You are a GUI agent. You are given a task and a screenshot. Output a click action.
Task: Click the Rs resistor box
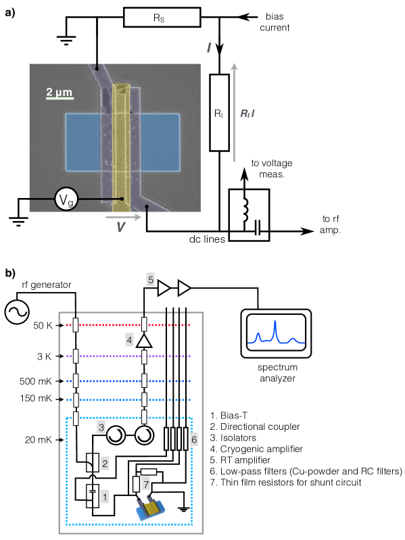(x=162, y=17)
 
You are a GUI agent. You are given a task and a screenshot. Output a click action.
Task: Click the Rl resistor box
(x=219, y=113)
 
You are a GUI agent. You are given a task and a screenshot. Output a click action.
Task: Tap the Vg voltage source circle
(x=66, y=199)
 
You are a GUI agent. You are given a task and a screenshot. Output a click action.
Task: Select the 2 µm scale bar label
(x=59, y=92)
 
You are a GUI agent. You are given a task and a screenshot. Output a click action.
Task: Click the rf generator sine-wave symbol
(x=17, y=312)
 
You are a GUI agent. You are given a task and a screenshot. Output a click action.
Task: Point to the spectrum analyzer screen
(x=277, y=333)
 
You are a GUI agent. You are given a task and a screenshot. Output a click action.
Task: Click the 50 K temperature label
(x=43, y=326)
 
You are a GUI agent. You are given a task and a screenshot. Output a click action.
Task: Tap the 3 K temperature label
(x=45, y=356)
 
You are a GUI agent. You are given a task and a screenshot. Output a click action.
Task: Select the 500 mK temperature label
(x=36, y=381)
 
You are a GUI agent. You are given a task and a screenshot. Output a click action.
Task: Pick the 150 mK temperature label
(x=36, y=399)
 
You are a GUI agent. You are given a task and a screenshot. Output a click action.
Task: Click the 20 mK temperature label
(x=39, y=440)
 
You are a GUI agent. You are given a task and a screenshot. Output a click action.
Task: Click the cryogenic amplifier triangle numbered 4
(x=144, y=341)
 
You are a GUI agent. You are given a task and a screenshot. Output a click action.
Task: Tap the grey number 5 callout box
(x=151, y=280)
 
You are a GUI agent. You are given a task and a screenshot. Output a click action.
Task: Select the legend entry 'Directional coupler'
(x=255, y=426)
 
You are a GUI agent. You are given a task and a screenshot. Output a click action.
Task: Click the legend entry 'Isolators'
(x=233, y=438)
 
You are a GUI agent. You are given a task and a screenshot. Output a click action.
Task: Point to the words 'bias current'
(x=275, y=22)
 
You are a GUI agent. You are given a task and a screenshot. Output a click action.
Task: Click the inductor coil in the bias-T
(x=245, y=210)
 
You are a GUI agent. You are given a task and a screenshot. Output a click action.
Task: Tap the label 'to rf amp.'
(x=330, y=224)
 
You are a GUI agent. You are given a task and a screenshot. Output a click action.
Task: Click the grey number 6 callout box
(x=194, y=439)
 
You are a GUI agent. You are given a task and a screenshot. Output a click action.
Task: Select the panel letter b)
(x=10, y=274)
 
